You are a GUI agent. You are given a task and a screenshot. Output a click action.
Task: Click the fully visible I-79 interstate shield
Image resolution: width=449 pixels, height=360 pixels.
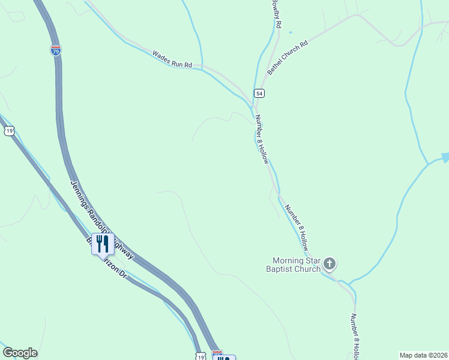tap(55, 50)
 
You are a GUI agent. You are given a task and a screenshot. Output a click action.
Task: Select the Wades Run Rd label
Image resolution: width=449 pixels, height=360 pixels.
tap(172, 59)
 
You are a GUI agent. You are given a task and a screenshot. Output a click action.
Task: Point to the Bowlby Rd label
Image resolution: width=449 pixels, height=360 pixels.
tap(275, 14)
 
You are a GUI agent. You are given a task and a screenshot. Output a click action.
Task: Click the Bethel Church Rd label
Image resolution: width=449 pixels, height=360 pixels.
tap(288, 58)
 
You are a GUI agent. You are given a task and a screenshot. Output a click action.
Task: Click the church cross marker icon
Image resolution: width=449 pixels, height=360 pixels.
tap(330, 263)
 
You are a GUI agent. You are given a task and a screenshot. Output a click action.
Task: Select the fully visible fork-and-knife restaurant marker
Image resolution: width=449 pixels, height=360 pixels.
tap(102, 243)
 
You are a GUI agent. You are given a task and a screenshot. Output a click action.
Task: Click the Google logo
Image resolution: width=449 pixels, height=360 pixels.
tap(20, 353)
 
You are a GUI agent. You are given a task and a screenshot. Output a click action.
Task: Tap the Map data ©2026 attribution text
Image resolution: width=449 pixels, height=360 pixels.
tap(423, 355)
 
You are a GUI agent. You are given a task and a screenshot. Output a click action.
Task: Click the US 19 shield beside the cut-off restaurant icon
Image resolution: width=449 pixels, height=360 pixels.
tap(199, 356)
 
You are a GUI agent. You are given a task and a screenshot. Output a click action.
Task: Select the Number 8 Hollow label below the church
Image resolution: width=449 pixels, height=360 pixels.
tap(355, 336)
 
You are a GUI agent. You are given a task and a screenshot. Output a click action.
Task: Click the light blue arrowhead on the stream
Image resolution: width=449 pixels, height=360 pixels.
tap(445, 157)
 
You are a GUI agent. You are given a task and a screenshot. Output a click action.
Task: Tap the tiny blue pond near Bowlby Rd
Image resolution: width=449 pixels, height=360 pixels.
tap(291, 32)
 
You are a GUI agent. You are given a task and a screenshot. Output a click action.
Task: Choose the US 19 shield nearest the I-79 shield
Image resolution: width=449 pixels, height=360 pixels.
tap(8, 131)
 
